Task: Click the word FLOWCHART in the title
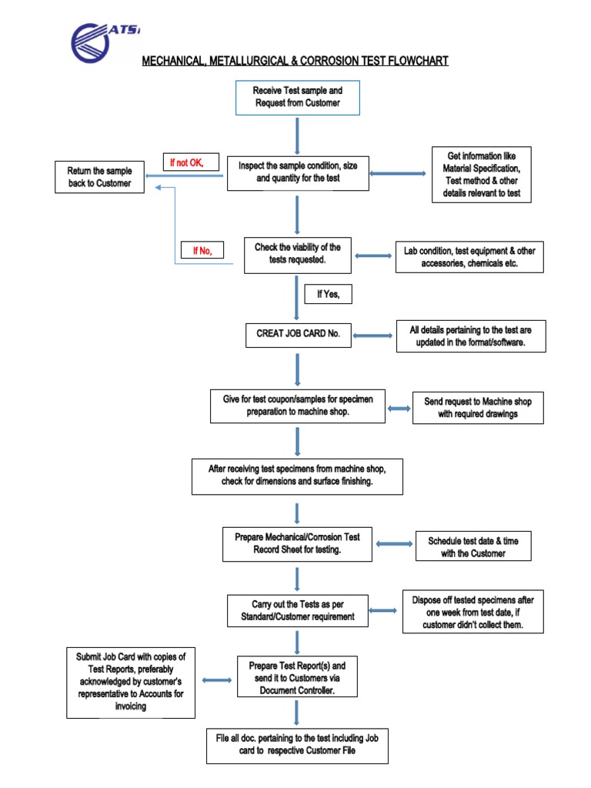coord(410,61)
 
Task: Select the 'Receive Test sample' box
coord(297,96)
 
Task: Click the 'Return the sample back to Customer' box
coord(99,177)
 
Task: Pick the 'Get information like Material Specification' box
coord(482,175)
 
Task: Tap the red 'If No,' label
coord(202,251)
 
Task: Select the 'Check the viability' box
coord(297,254)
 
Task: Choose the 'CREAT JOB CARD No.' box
coord(297,335)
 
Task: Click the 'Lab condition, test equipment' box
coord(469,257)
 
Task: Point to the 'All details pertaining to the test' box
coord(471,336)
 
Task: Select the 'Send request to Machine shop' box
coord(478,407)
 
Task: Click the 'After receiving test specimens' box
coord(297,476)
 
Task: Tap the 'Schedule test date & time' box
coord(473,546)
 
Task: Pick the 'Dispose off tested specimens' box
coord(472,613)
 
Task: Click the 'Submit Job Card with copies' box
coord(131,682)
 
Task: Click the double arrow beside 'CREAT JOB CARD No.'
coord(372,336)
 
